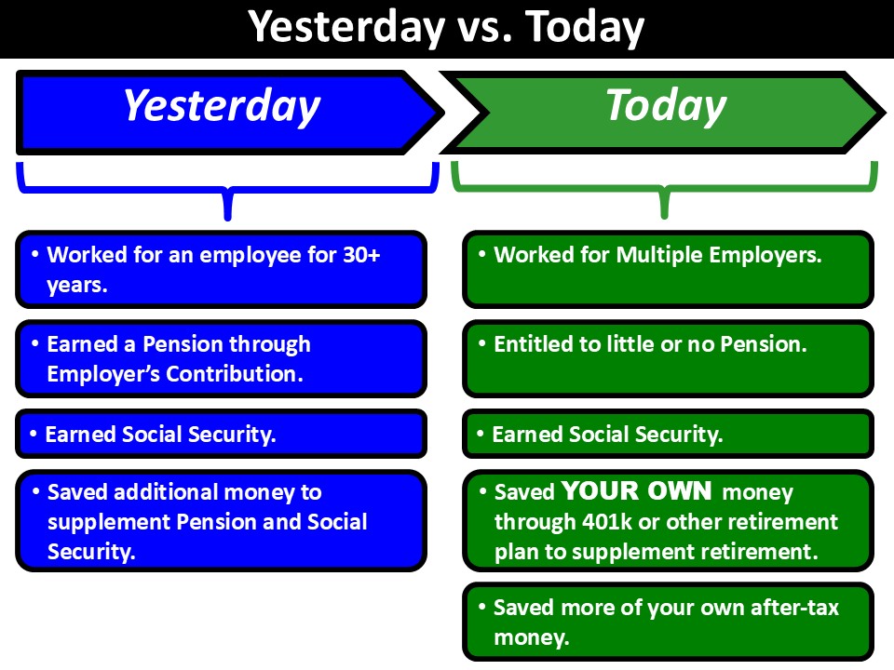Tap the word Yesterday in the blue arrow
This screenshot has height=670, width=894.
click(x=222, y=106)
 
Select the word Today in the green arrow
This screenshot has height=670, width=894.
click(x=666, y=106)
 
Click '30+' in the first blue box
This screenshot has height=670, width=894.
click(x=361, y=255)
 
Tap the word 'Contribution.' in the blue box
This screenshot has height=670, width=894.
click(x=235, y=374)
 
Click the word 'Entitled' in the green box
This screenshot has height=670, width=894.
click(x=533, y=344)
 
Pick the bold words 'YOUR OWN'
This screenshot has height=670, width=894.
click(x=636, y=491)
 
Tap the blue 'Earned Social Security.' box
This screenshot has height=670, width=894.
click(x=222, y=435)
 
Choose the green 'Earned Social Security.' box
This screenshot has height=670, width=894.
click(x=668, y=435)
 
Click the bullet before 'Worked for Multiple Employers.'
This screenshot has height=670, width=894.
click(x=481, y=253)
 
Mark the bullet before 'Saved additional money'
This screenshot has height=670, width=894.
click(x=35, y=490)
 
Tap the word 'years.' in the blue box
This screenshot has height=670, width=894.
click(x=77, y=286)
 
